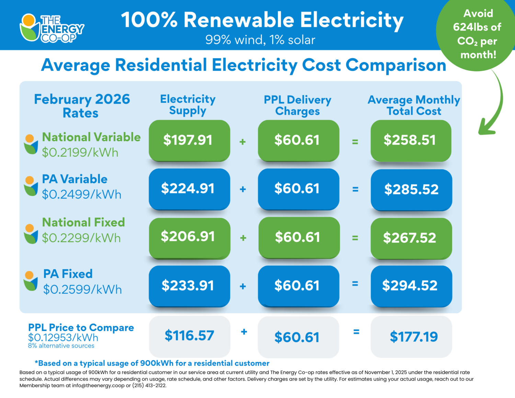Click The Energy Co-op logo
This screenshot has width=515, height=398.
pyautogui.click(x=51, y=28)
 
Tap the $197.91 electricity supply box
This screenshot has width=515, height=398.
pyautogui.click(x=189, y=140)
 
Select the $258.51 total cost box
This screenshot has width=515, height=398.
pyautogui.click(x=411, y=140)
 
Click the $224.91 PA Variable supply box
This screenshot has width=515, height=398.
pyautogui.click(x=189, y=189)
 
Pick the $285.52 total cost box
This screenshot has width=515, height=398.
pyautogui.click(x=411, y=189)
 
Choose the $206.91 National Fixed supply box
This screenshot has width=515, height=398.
pyautogui.click(x=189, y=237)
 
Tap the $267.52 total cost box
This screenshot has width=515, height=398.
pyautogui.click(x=411, y=238)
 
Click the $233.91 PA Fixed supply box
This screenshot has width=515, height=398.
pyautogui.click(x=189, y=285)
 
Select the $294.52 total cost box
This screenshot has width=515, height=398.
pyautogui.click(x=411, y=285)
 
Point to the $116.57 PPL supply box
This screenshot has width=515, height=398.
pyautogui.click(x=189, y=336)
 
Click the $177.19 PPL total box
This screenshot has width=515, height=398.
pyautogui.click(x=411, y=337)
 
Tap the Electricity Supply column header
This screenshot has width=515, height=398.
pyautogui.click(x=188, y=105)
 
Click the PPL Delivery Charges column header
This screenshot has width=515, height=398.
pyautogui.click(x=297, y=105)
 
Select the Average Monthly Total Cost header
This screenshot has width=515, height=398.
pyautogui.click(x=414, y=105)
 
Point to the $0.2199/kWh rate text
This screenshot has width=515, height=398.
pyautogui.click(x=80, y=152)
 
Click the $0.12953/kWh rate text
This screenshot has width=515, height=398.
pyautogui.click(x=63, y=338)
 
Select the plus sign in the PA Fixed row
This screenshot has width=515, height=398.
pyautogui.click(x=243, y=286)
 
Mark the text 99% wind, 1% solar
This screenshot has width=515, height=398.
pyautogui.click(x=260, y=40)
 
